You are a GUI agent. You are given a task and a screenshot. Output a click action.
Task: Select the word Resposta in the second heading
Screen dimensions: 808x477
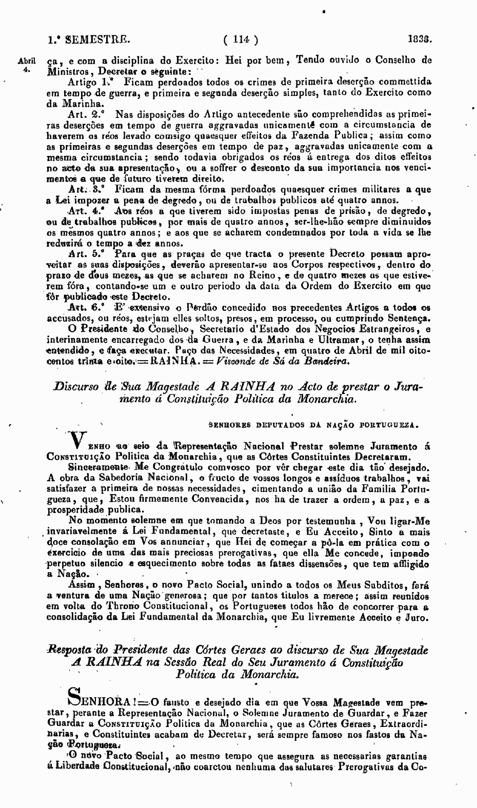(69, 651)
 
